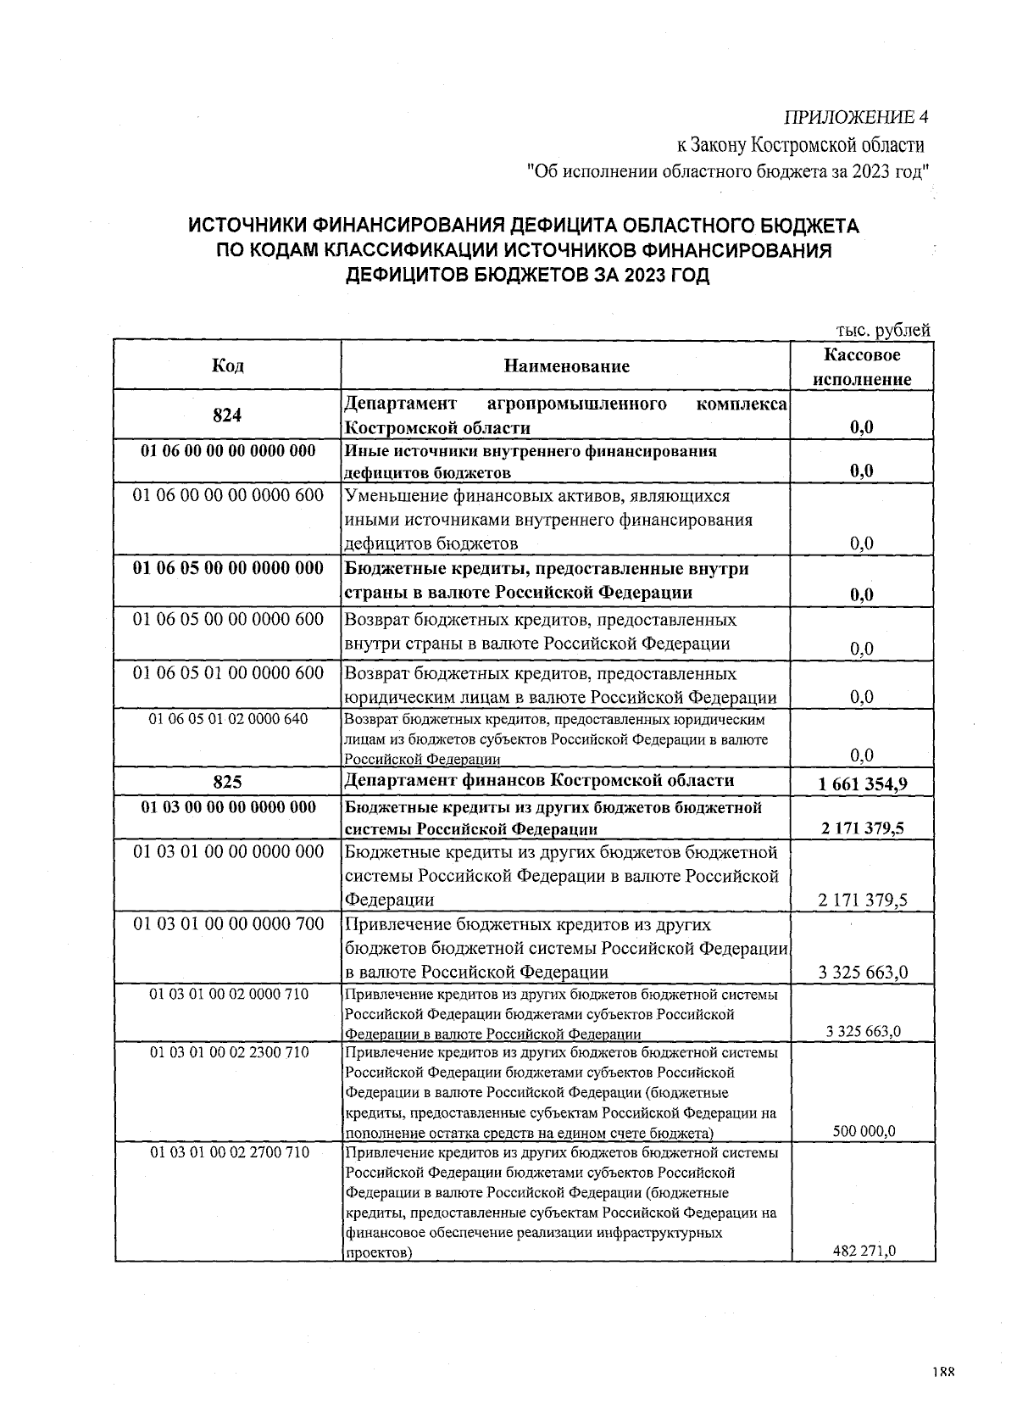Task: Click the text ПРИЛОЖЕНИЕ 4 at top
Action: pyautogui.click(x=857, y=116)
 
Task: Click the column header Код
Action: pyautogui.click(x=227, y=365)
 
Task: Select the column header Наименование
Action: pyautogui.click(x=566, y=366)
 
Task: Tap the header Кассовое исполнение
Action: pyautogui.click(x=862, y=367)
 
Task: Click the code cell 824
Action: pyautogui.click(x=227, y=415)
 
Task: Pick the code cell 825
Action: pyautogui.click(x=227, y=781)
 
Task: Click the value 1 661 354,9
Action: pyautogui.click(x=863, y=783)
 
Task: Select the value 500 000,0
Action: pyautogui.click(x=863, y=1131)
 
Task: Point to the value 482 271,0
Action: pyautogui.click(x=864, y=1250)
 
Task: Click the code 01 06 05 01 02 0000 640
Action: pyautogui.click(x=228, y=719)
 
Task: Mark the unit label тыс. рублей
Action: pyautogui.click(x=882, y=330)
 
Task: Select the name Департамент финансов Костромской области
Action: pyautogui.click(x=539, y=780)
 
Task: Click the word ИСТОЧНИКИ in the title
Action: pyautogui.click(x=246, y=226)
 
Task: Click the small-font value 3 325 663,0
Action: pyautogui.click(x=863, y=1031)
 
